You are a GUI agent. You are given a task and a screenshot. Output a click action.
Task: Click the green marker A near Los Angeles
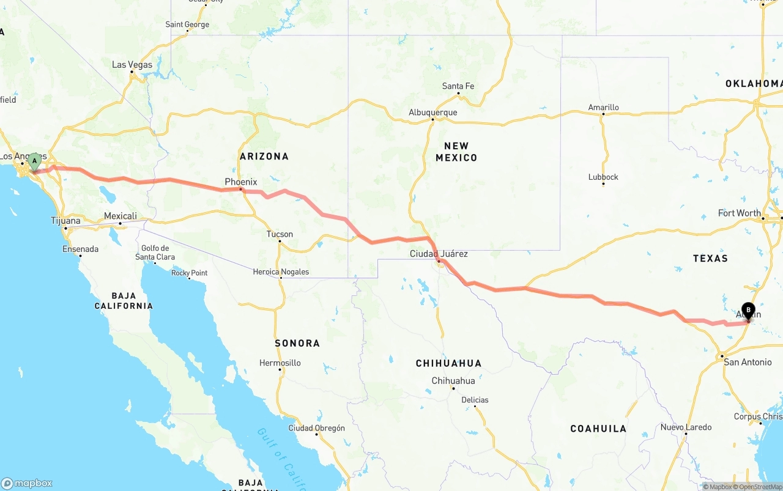coord(35,161)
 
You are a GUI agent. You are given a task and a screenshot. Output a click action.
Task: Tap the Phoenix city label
coord(241,182)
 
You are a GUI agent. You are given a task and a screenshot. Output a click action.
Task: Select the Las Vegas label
coord(132,65)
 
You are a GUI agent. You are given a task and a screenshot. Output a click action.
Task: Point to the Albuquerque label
coord(433,113)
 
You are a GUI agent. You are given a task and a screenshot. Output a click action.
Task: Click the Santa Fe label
coord(458,86)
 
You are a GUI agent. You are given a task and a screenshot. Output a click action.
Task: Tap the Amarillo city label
coord(603,108)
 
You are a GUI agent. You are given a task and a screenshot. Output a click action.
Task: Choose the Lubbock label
coord(603,177)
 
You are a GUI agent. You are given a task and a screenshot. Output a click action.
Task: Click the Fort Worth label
coord(740,213)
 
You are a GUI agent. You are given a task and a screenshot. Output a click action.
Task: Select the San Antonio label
coord(748,362)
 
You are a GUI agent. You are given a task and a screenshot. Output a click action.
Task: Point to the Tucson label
coord(280,234)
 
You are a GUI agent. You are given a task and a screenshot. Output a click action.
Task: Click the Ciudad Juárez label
coord(439,254)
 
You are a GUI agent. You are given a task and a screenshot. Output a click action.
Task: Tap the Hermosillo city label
coord(280,363)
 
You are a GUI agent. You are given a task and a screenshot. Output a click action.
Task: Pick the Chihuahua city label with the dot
coord(453,381)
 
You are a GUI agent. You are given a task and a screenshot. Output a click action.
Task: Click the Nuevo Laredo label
coord(686,427)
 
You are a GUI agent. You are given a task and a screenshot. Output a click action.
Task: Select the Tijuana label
coord(65,221)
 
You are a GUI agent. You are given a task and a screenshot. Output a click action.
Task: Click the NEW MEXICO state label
coord(456,152)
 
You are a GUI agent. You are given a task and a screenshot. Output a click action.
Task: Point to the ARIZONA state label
coord(264,157)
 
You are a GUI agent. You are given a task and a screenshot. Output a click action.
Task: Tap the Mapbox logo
coord(27,483)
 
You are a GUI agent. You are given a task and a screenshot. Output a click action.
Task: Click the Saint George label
coord(187,25)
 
